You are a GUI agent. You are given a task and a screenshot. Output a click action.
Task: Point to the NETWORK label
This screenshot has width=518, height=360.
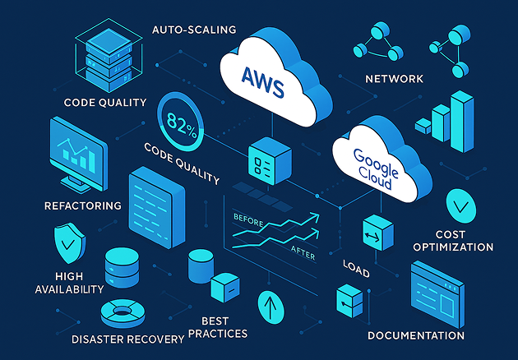point(394,79)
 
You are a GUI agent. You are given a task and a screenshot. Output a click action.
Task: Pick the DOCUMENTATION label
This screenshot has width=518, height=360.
point(416,335)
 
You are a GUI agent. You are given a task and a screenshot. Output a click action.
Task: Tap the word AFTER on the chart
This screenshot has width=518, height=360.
point(303,255)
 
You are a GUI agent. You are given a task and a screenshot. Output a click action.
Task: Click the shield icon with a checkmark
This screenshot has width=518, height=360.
point(68,241)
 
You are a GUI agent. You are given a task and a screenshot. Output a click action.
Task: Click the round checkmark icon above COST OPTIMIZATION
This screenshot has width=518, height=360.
point(459,203)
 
